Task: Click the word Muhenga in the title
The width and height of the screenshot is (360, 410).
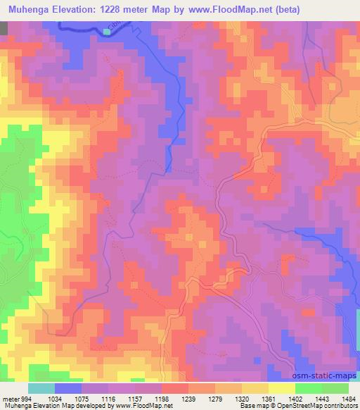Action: coord(29,8)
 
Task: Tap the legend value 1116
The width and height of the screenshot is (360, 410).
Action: coord(108,399)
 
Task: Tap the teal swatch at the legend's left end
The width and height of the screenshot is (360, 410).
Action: coord(41,388)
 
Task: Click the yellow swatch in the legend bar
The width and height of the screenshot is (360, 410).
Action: coord(281,388)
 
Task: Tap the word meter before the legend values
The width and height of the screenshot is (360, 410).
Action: coord(9,399)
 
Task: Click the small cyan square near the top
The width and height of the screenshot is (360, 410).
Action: coord(106,32)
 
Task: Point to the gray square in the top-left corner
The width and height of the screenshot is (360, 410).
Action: coord(4,28)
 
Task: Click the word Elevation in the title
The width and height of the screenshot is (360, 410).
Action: coord(80,8)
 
